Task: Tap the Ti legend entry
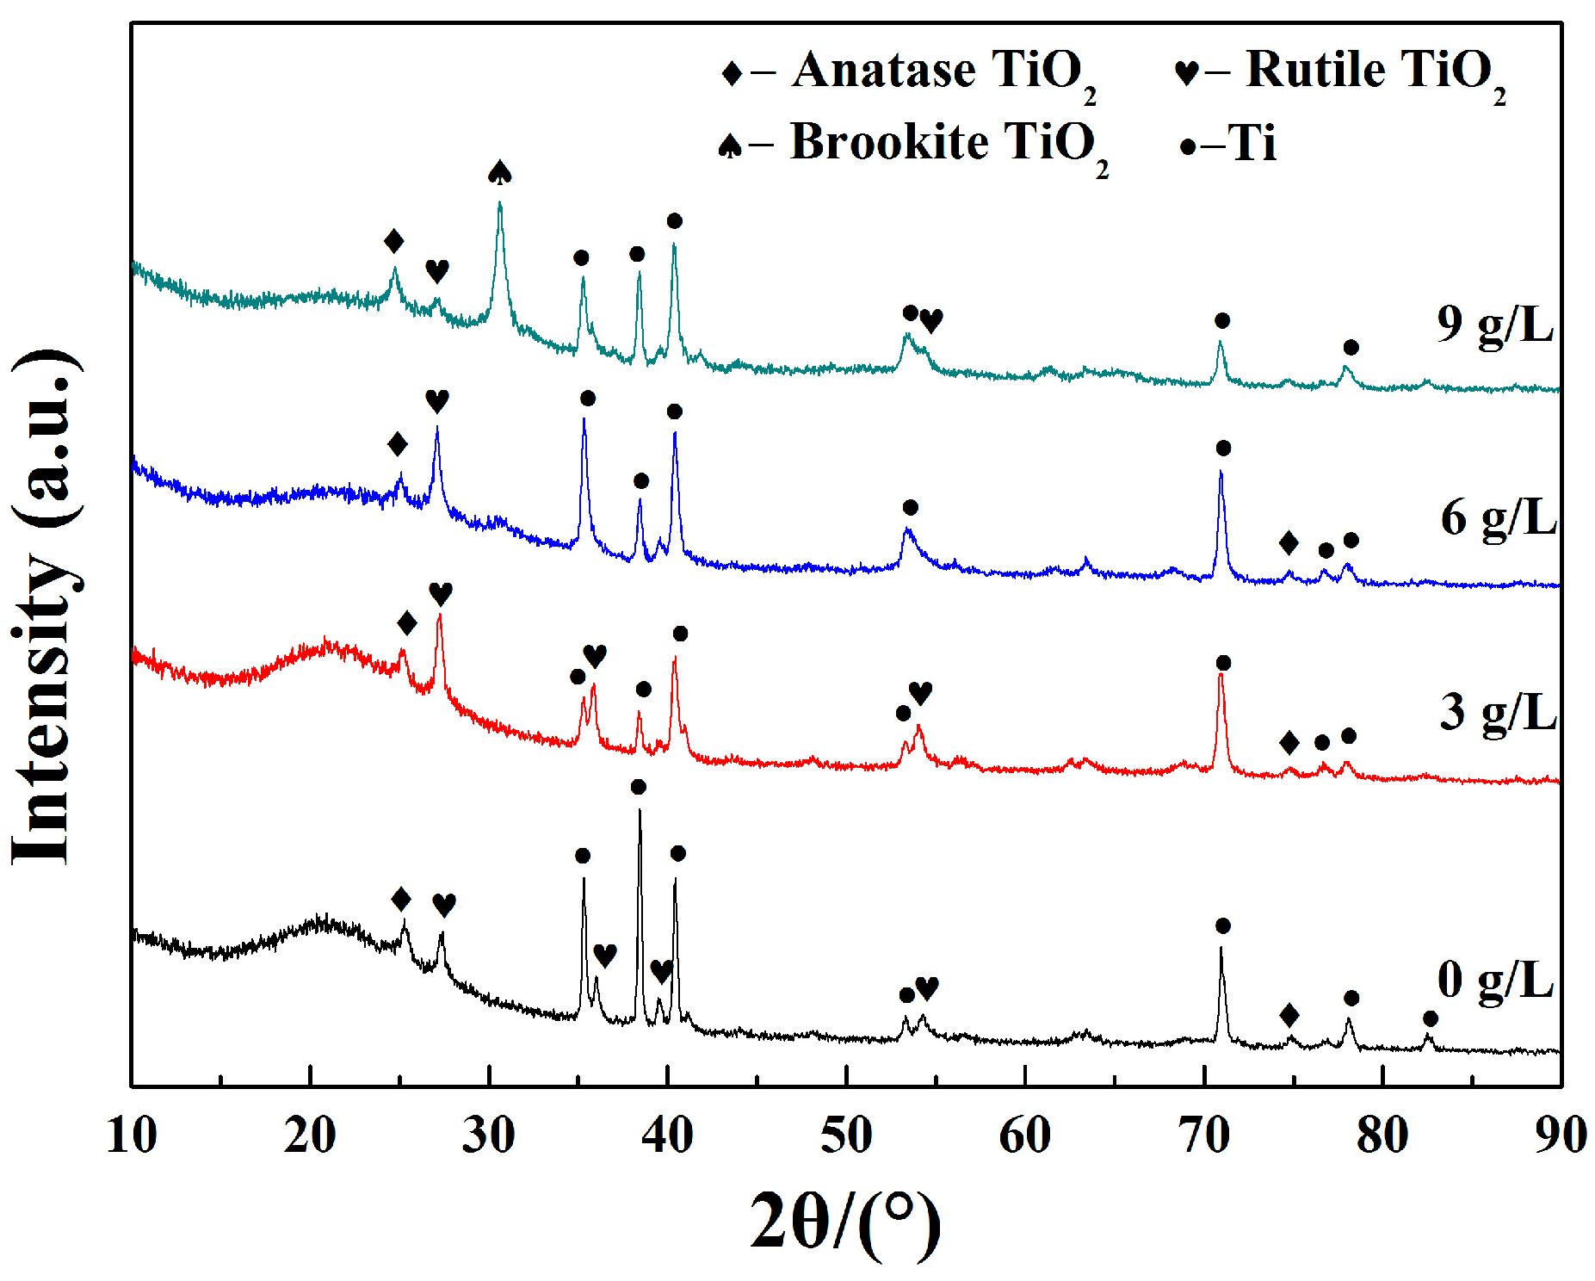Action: pos(1227,145)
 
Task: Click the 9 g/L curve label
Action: pos(1495,325)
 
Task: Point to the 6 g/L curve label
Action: pos(1498,518)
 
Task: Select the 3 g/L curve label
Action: pos(1498,713)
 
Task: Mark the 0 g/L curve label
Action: pos(1495,981)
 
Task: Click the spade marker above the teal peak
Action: pos(500,172)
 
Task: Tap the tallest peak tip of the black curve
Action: pos(640,810)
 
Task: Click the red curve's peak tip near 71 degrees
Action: pos(1221,674)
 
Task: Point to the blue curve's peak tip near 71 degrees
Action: pos(1221,472)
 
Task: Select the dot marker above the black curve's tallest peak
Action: pos(638,787)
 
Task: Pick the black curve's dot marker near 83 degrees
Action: pos(1430,1019)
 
